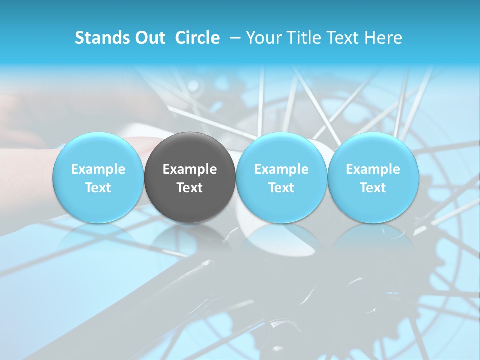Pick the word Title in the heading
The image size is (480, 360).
coord(303,38)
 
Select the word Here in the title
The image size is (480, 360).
coord(383,38)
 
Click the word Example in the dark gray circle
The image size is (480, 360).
coord(190,169)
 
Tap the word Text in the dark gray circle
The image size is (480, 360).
coord(190,188)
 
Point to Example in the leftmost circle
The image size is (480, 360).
coord(98,169)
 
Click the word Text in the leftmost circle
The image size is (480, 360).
coord(98,188)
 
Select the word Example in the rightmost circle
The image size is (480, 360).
coord(373,169)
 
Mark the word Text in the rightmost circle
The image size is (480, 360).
coord(373,188)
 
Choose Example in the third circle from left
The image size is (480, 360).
coord(281,169)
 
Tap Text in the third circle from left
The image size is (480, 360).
coord(281,188)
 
